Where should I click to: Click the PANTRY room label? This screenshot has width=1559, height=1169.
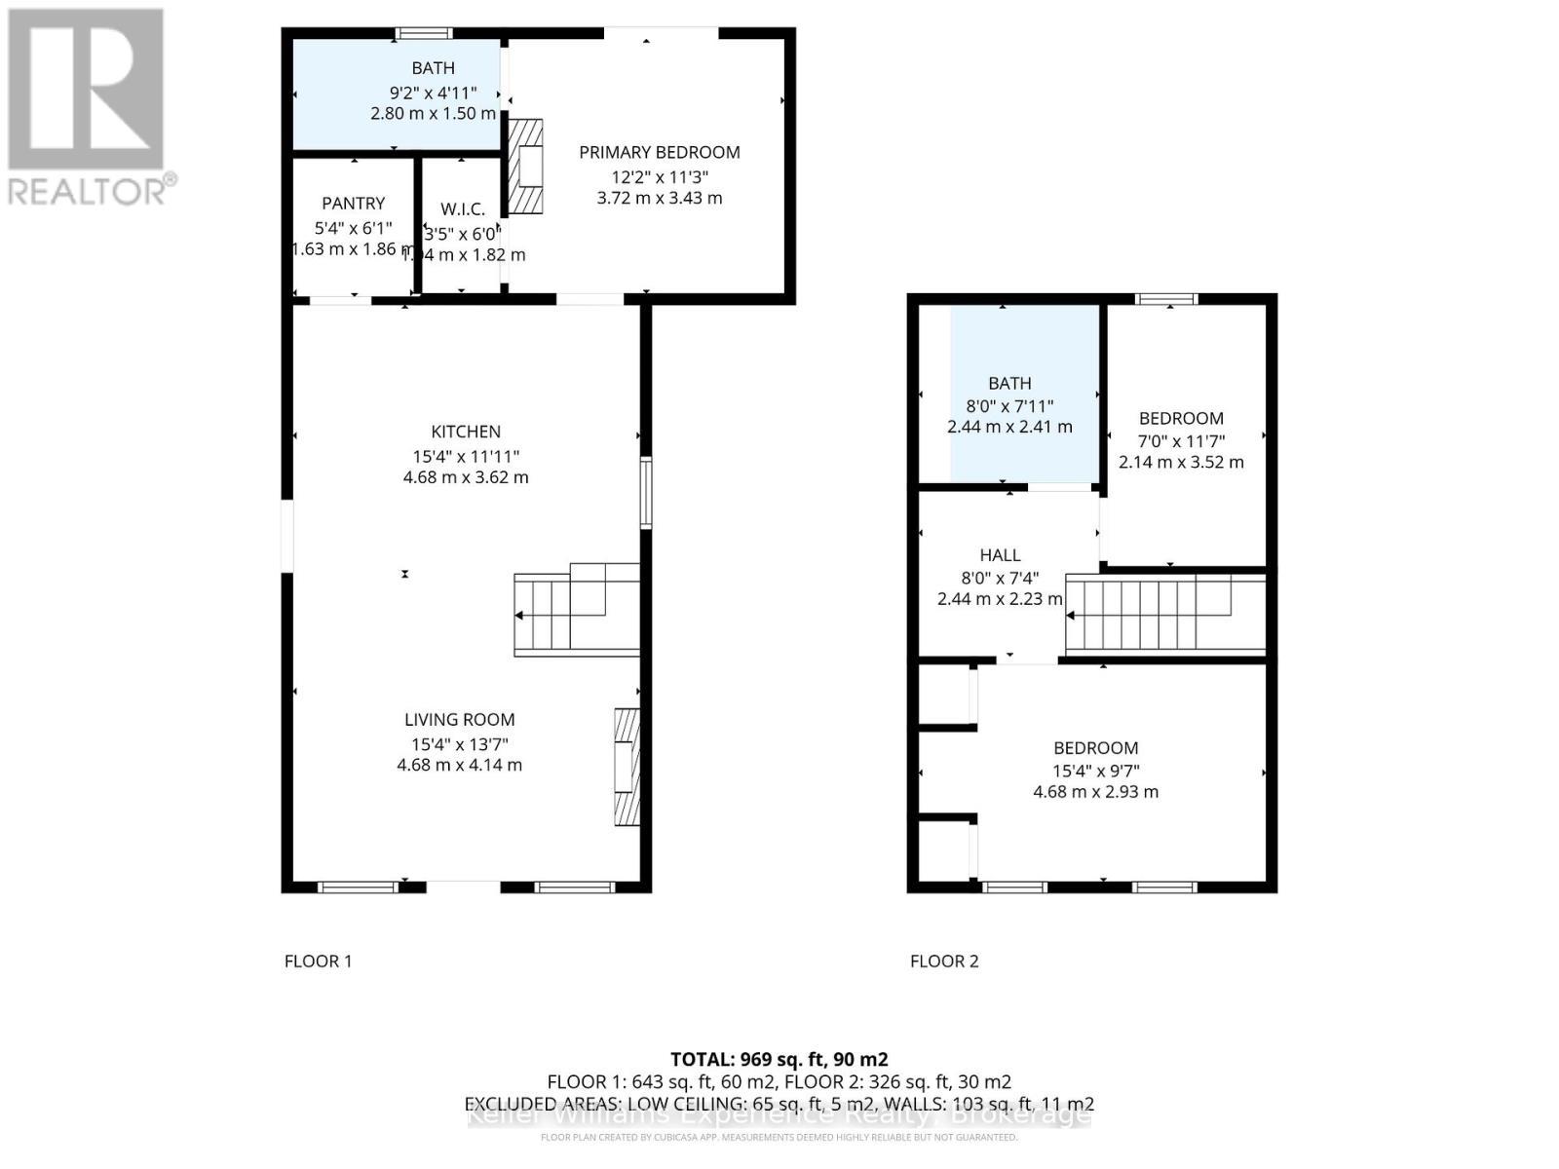pyautogui.click(x=354, y=204)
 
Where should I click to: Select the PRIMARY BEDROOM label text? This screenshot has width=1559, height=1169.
pyautogui.click(x=659, y=152)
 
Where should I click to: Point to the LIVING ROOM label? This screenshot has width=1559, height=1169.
pyautogui.click(x=459, y=720)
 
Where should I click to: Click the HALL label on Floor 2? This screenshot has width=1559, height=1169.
pyautogui.click(x=1000, y=555)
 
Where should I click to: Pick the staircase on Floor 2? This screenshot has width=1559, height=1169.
pyautogui.click(x=1164, y=614)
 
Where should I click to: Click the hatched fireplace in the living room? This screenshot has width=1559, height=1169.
pyautogui.click(x=627, y=767)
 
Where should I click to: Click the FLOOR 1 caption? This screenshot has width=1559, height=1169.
pyautogui.click(x=318, y=962)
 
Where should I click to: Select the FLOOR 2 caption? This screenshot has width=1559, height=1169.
pyautogui.click(x=943, y=962)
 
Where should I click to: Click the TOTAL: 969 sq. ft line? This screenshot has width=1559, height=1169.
pyautogui.click(x=779, y=1059)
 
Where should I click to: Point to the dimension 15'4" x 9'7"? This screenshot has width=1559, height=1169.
pyautogui.click(x=1095, y=771)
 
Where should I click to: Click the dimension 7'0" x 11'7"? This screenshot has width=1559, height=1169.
pyautogui.click(x=1181, y=440)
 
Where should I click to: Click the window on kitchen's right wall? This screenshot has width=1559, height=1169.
pyautogui.click(x=645, y=493)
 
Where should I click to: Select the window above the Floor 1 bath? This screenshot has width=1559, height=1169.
pyautogui.click(x=424, y=34)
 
